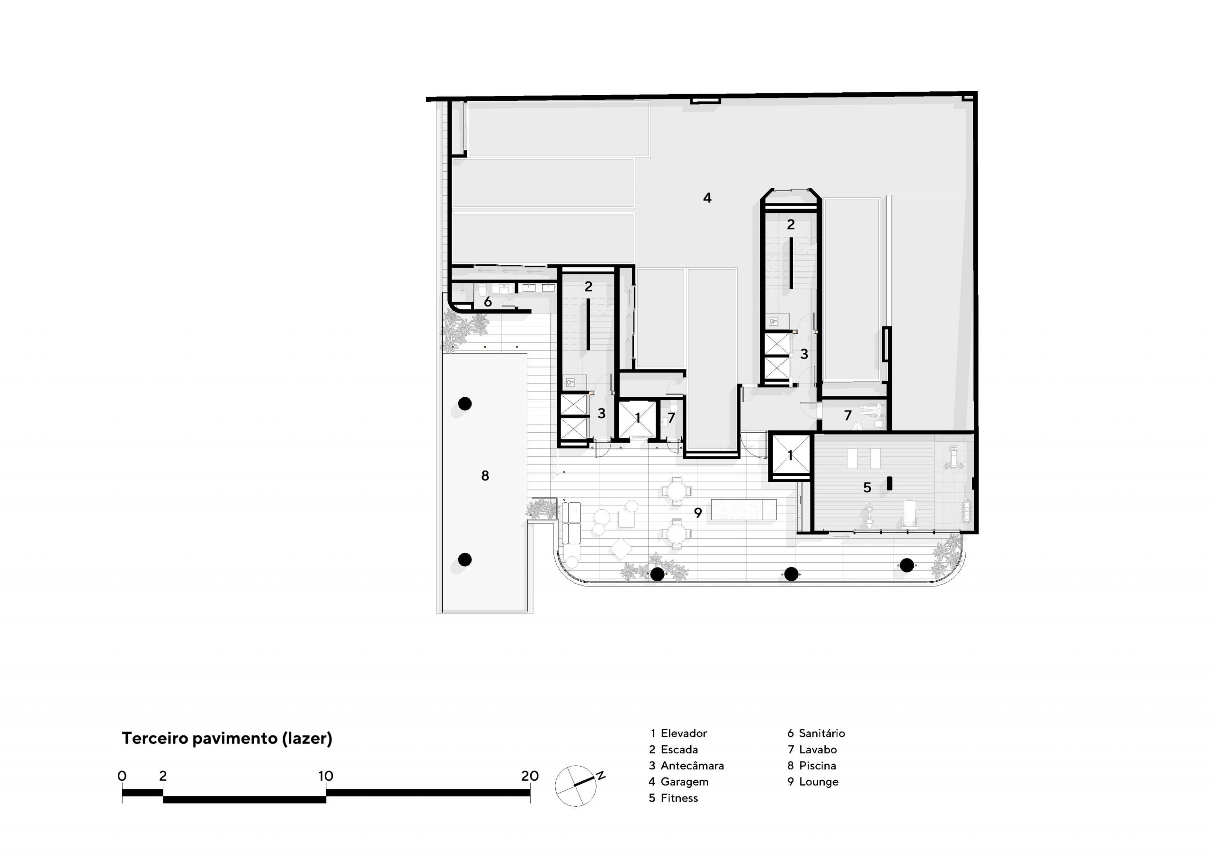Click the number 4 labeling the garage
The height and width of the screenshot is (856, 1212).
tap(707, 198)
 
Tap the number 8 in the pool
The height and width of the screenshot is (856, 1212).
tap(485, 476)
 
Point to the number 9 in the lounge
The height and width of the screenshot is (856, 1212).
tap(698, 512)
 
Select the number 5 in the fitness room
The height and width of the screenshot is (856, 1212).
tap(867, 487)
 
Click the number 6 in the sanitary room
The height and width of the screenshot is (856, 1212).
tap(488, 302)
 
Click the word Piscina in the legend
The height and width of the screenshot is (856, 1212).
tap(818, 765)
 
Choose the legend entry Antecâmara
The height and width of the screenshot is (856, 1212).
tap(692, 765)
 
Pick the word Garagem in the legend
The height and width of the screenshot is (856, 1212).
tap(684, 782)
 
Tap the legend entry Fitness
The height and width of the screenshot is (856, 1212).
tap(679, 798)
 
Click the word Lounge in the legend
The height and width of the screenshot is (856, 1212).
tap(819, 782)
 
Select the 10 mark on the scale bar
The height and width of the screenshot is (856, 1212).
tap(326, 776)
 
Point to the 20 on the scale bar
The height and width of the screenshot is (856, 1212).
tap(530, 776)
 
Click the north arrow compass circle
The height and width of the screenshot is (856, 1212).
tap(575, 786)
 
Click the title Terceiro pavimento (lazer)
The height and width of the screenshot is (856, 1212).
tap(227, 738)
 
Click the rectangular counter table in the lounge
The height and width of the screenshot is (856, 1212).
tap(744, 509)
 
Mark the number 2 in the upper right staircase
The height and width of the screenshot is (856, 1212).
tap(790, 225)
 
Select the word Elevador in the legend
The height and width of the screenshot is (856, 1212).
tap(684, 733)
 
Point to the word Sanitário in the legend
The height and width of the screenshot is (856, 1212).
tap(822, 733)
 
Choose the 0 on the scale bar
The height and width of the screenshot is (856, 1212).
tap(122, 776)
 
